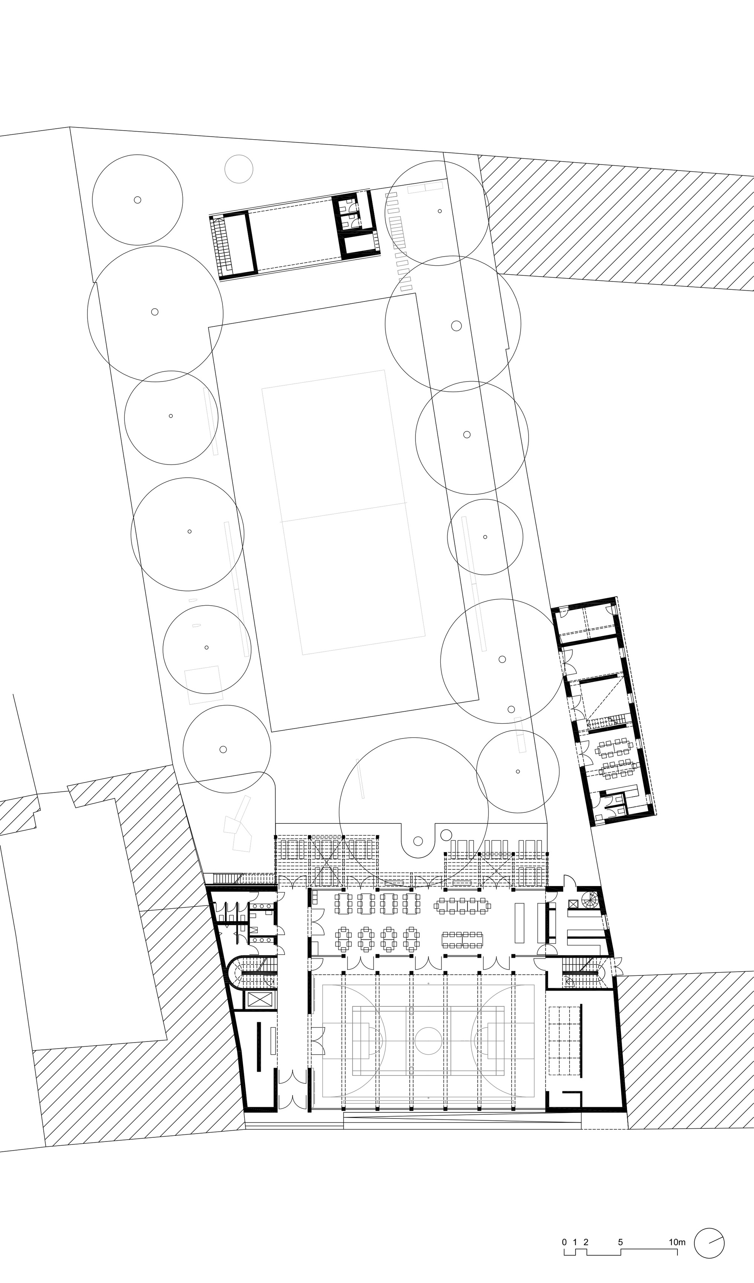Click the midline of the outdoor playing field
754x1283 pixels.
coord(344,512)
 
